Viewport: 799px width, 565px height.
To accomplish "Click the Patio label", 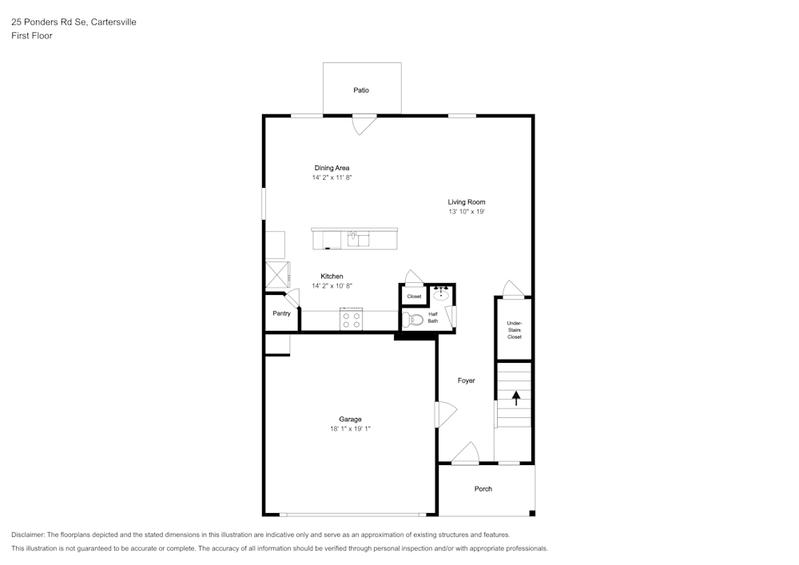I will (361, 90).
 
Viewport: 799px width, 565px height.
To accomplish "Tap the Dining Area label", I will (332, 168).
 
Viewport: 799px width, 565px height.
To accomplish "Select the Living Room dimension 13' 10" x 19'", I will (467, 213).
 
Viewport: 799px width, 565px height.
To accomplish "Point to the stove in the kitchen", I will (352, 320).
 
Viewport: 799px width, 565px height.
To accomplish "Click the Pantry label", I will (281, 313).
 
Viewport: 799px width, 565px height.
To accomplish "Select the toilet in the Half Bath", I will (413, 320).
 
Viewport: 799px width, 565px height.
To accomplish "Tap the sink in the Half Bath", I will (441, 295).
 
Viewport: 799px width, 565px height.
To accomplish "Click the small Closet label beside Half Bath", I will (414, 296).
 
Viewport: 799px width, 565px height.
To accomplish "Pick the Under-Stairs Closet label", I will (514, 330).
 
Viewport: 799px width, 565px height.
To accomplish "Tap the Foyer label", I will (466, 380).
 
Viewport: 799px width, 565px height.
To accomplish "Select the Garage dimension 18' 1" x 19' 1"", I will (350, 429).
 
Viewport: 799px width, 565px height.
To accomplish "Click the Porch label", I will (483, 488).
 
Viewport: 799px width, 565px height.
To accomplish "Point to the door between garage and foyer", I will (443, 415).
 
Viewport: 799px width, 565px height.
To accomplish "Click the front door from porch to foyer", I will (465, 455).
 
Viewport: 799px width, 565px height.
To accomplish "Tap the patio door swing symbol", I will (364, 124).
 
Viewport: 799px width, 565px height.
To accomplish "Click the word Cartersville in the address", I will (113, 22).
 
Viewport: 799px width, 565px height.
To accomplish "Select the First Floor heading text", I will (32, 36).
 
